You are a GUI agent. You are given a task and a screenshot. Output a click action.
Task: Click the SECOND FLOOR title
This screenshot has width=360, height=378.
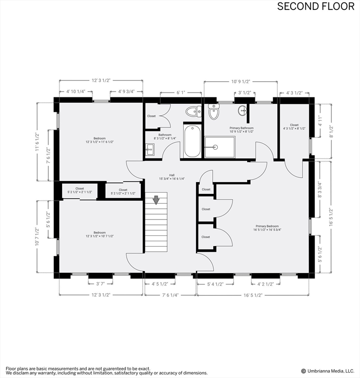coord(316,6)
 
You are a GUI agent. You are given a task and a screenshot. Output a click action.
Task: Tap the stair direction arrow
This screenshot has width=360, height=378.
coord(156,200)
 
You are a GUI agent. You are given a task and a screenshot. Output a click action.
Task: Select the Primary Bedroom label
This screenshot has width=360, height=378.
coord(267,228)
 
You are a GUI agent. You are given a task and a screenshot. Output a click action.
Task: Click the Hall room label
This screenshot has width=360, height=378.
coord(172,177)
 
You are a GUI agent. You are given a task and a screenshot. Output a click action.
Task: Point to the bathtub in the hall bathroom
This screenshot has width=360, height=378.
coord(192,141)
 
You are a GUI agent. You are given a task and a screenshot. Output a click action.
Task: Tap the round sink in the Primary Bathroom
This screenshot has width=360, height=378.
coord(242,111)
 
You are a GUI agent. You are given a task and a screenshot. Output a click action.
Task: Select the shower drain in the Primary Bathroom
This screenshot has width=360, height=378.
coord(215,147)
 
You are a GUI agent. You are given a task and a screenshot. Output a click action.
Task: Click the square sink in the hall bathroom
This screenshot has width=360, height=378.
coord(150,150)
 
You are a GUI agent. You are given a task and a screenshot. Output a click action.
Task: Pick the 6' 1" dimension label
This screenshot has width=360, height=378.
coord(181,93)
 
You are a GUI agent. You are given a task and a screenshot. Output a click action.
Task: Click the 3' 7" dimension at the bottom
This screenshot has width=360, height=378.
coord(100,283)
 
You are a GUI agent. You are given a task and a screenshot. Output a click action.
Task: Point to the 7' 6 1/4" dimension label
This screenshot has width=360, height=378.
coord(170,295)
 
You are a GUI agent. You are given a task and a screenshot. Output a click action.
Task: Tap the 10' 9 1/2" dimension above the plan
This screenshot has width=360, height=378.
coord(240,82)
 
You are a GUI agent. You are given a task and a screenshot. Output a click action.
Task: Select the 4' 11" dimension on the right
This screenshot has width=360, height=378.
coord(320,121)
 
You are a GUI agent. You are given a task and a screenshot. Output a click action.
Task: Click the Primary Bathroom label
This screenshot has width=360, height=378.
coord(241,130)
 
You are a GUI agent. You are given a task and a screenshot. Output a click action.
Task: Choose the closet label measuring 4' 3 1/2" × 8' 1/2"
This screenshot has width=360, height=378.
coord(294,126)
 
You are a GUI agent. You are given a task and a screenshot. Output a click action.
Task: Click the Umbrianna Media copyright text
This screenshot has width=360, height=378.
coord(327,371)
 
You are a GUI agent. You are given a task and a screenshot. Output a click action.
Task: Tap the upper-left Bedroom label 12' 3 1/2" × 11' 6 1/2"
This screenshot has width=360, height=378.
coord(99,140)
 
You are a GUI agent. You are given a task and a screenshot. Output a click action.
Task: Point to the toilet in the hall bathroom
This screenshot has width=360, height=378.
coord(194,111)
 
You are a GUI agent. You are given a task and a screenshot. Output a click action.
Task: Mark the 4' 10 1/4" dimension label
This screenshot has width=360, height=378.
coord(76,92)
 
